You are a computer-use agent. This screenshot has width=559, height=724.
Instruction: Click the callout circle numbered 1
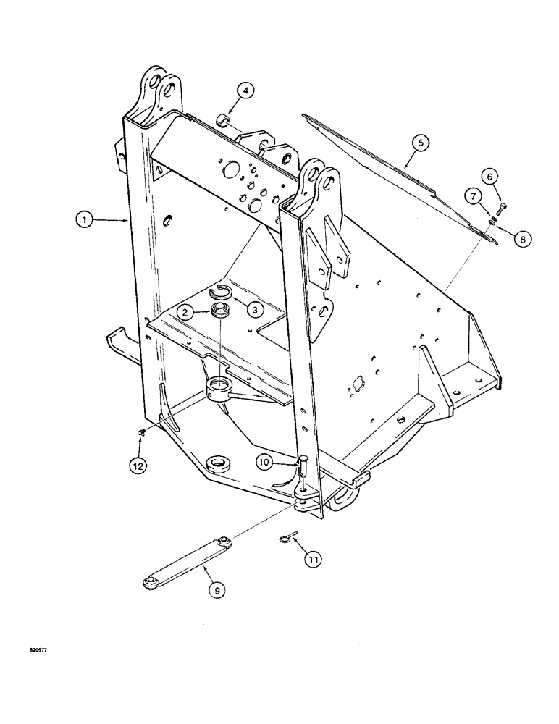84,217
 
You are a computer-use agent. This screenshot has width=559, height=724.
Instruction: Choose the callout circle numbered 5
419,142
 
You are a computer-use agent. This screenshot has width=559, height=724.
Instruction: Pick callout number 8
519,236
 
